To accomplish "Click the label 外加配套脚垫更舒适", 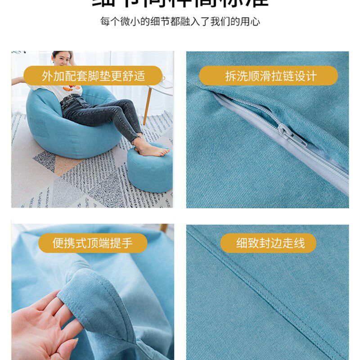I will tap(93, 76).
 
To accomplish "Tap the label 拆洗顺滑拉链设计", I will tap(268, 76).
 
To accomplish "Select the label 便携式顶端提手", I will tap(93, 243).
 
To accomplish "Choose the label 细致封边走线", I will tap(268, 243).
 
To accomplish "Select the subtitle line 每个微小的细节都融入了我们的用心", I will tap(180, 21).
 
